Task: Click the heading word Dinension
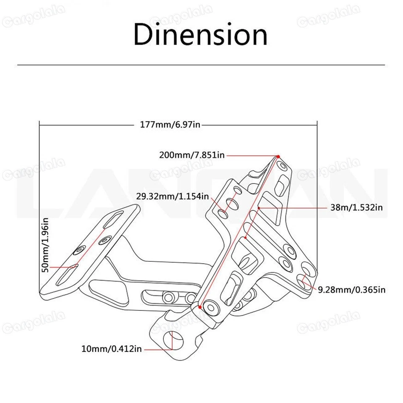tap(200, 35)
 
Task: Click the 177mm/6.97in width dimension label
tap(172, 125)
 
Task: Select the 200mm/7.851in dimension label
tap(192, 155)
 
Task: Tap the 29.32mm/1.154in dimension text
tap(172, 196)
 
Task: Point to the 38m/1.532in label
tap(357, 207)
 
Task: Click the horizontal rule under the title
tap(201, 65)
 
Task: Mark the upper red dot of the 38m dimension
tap(259, 208)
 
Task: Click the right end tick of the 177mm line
tap(316, 125)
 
